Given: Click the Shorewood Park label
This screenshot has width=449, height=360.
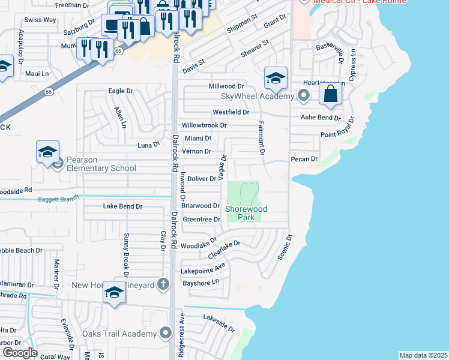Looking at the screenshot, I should tap(246, 213).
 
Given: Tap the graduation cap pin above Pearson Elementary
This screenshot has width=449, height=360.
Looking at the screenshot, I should tap(48, 153).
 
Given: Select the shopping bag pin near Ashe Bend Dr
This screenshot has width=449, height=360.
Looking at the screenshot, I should tap(330, 94).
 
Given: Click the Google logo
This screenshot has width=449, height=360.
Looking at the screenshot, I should tap(20, 353).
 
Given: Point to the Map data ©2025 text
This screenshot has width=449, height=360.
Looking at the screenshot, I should tap(423, 355).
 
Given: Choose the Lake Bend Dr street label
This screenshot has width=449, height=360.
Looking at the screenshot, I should tap(122, 206).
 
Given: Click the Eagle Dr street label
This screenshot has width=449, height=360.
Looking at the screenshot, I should tap(120, 91).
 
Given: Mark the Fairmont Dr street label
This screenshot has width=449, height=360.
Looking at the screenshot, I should tap(261, 138).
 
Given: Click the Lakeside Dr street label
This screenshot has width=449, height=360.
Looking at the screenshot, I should tap(219, 323).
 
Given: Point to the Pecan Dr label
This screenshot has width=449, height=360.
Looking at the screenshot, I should tap(303, 159).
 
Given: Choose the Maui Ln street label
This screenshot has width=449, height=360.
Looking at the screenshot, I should tap(37, 73).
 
